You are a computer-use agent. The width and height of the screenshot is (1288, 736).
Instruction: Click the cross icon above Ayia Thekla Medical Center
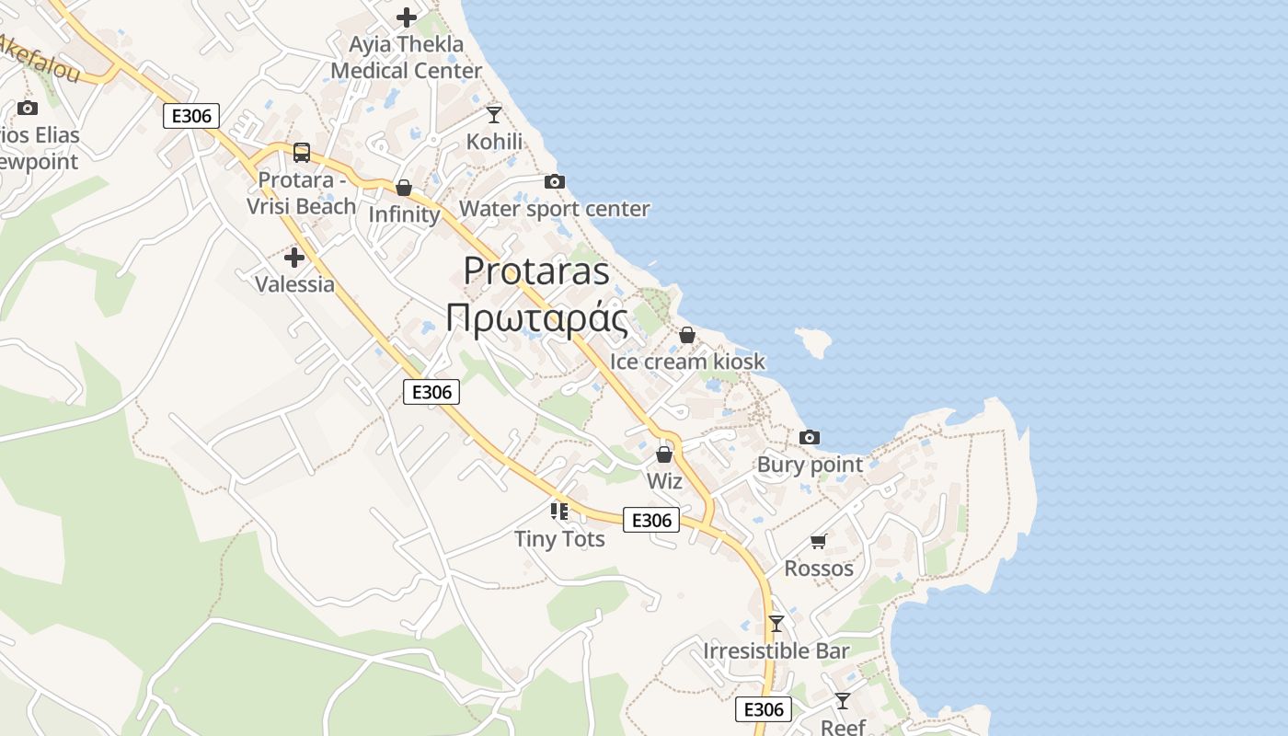point(407,17)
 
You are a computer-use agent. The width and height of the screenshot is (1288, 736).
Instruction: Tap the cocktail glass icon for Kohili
point(494,115)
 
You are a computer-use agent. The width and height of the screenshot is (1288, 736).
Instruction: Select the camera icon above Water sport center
point(554,182)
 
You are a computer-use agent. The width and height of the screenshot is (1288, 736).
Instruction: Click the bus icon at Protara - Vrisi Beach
point(302,153)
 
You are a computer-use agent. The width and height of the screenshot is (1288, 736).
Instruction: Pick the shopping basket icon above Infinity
point(403,188)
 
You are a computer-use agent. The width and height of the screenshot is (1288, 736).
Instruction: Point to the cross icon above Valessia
point(294,258)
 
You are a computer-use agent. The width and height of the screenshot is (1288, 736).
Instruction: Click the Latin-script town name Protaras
point(536,271)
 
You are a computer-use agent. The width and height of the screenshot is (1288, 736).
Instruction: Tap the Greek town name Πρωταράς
point(536,318)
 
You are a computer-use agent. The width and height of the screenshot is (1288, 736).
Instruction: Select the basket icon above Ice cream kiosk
point(686,335)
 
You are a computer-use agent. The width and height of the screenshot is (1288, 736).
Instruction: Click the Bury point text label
point(810,465)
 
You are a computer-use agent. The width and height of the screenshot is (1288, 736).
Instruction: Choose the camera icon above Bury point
point(810,437)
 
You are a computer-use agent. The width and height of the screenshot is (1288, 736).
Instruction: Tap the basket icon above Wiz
point(664,454)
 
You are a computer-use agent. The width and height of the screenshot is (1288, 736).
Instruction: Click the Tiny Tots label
point(559,539)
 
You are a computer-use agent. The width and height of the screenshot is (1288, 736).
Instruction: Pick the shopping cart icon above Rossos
point(819,541)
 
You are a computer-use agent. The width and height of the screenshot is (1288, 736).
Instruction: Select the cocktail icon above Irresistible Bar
point(776,624)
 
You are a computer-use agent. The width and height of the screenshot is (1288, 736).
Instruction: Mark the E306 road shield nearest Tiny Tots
point(651,521)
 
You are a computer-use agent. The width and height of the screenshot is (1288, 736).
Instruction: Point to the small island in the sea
point(813,341)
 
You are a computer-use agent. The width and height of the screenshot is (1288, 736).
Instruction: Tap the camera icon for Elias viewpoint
point(28,109)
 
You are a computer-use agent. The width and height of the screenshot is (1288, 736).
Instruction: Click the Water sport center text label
point(554,210)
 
